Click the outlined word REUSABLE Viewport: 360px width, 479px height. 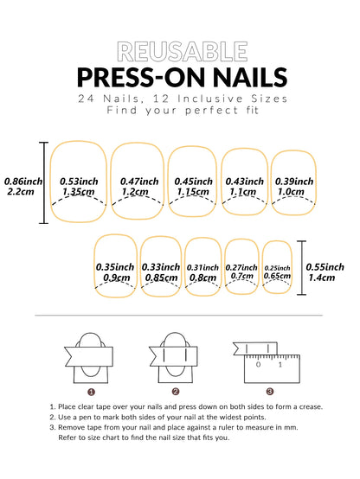[180, 52]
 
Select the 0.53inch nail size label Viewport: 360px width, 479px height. [80, 181]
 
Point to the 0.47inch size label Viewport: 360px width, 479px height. [139, 181]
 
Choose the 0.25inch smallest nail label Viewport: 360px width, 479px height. [277, 268]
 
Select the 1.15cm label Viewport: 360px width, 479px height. [191, 192]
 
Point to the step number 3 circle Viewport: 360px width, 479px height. [257, 390]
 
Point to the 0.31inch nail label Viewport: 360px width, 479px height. [202, 267]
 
